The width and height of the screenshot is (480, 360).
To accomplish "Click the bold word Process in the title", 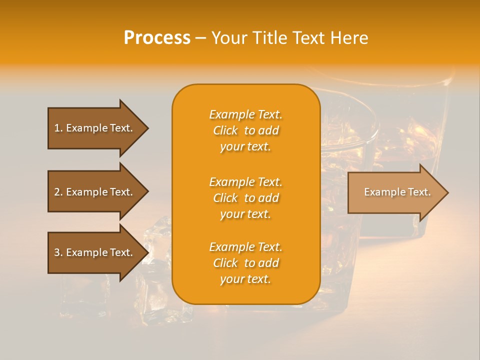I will point(157,38).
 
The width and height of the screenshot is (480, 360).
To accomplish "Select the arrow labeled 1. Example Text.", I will point(95,128).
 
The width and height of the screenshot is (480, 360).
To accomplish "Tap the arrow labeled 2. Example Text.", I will point(95,192).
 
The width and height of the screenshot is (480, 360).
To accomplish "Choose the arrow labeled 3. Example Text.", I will point(95,252).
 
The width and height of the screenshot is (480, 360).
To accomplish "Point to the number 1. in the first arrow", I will point(58,128).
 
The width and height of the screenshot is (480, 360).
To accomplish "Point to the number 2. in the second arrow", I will point(58,192).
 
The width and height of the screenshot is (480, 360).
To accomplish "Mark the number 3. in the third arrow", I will point(58,252).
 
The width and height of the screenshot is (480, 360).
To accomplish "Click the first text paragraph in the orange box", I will point(245,130).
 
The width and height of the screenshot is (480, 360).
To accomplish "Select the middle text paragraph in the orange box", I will point(245,198).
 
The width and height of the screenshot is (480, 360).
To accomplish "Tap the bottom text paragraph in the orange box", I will point(245,263).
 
